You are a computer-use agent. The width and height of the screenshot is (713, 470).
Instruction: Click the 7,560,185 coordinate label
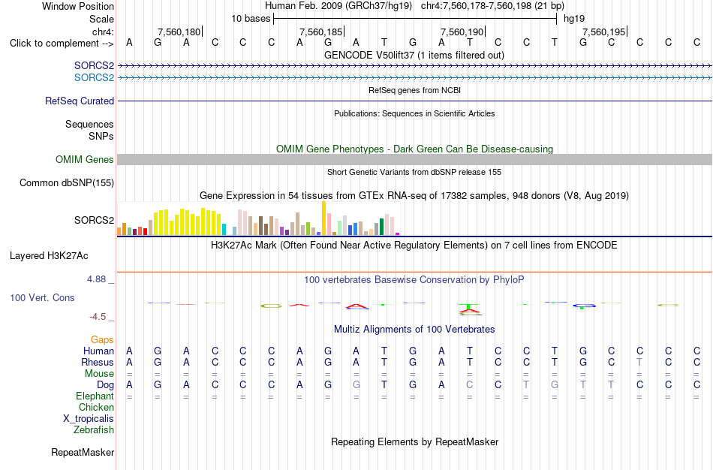click(320, 32)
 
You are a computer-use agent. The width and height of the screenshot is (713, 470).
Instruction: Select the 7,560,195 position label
click(604, 32)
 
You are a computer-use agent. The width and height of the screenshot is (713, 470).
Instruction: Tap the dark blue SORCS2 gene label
click(94, 66)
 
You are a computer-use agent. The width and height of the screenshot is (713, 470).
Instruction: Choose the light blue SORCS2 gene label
click(94, 78)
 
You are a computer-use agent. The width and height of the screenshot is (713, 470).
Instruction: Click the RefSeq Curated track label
click(80, 101)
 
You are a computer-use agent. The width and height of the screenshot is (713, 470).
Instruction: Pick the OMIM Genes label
click(85, 160)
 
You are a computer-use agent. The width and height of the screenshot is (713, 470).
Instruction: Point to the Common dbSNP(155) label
click(67, 183)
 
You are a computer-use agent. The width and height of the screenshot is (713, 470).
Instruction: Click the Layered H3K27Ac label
click(49, 256)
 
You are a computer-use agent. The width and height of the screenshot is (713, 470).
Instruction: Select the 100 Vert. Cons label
click(42, 297)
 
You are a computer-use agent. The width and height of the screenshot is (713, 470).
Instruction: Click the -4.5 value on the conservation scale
click(98, 317)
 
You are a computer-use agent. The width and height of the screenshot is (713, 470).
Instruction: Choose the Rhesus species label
click(98, 362)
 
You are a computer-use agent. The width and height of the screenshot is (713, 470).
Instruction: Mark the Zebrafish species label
click(94, 430)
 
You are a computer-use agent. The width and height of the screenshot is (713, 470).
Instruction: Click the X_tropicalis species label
click(89, 419)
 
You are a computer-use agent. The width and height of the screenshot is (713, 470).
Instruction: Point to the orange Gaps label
click(102, 340)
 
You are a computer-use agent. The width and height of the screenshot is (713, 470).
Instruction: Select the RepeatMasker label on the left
click(83, 452)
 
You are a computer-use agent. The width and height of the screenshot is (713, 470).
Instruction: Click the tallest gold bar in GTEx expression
click(323, 218)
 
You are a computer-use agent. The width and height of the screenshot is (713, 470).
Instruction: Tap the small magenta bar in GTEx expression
click(398, 233)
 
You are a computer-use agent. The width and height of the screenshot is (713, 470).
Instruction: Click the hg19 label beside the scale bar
click(574, 19)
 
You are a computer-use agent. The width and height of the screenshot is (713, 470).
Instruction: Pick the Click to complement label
click(62, 44)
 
